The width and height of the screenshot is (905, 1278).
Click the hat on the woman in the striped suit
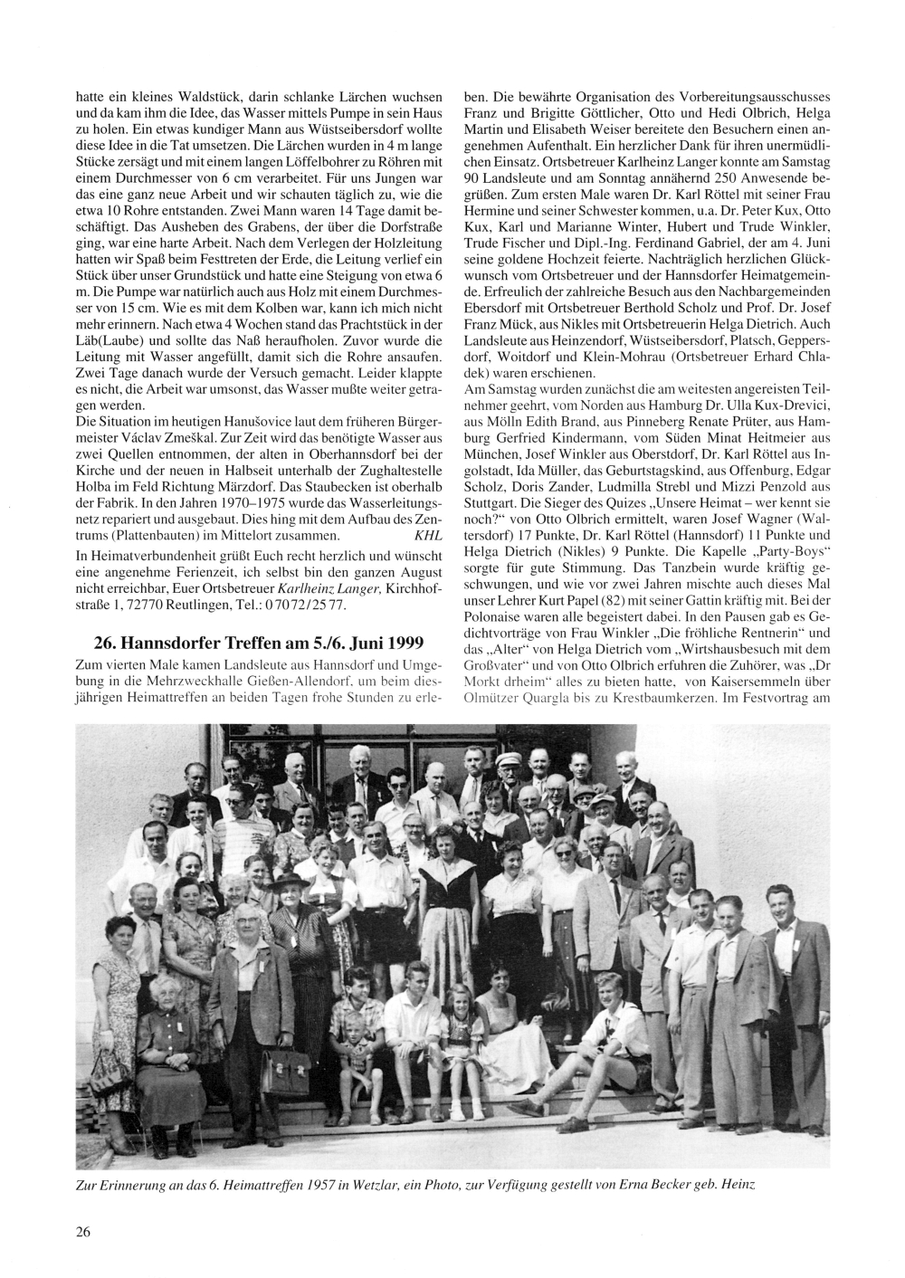coord(293,882)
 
